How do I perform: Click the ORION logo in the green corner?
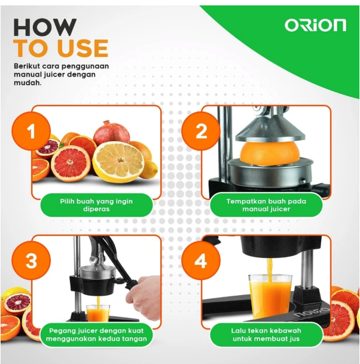point(315,25)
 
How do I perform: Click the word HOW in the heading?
point(45,26)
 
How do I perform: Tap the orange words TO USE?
point(60,48)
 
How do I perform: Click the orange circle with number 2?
point(202,131)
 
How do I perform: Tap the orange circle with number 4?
point(202,261)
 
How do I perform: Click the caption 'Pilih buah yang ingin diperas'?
point(96,205)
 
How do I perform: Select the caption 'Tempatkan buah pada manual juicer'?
point(266,205)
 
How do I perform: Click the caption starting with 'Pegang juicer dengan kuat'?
point(96,335)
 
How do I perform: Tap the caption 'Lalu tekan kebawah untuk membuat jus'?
point(266,335)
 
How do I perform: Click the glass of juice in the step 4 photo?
point(269,293)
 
